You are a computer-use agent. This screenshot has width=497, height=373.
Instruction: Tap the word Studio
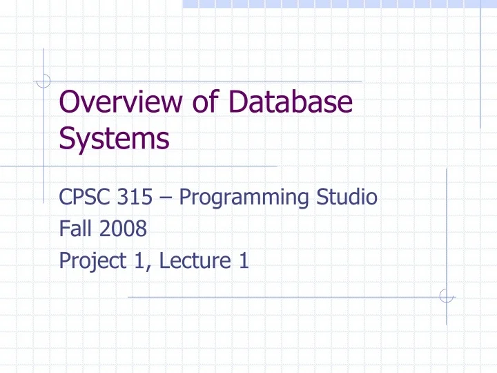346,198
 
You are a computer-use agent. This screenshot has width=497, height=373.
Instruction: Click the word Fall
73,229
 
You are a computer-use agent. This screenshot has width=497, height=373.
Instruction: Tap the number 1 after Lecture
243,261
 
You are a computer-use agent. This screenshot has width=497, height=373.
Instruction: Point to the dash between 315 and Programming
166,199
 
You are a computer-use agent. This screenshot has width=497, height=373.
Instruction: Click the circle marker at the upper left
44,82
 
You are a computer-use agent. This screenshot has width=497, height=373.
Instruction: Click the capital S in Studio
322,198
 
